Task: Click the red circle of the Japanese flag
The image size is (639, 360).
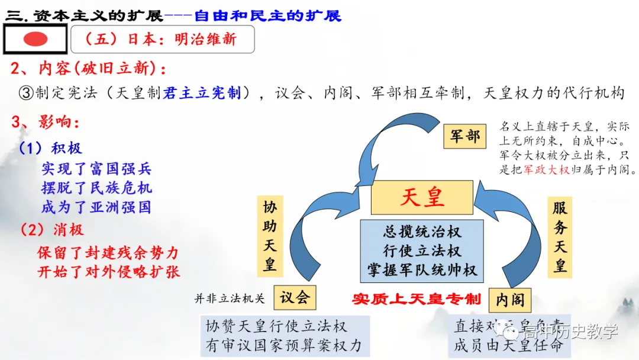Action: (x=35, y=40)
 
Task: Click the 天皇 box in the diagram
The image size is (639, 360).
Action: (x=422, y=197)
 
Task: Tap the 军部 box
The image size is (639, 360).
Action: (x=464, y=136)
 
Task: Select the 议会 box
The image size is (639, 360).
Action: (x=295, y=297)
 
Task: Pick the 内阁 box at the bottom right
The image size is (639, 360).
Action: (x=509, y=300)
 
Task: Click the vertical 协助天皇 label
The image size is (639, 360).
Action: (x=270, y=235)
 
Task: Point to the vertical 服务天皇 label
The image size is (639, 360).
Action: (x=560, y=235)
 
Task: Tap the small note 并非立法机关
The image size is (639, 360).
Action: (x=230, y=298)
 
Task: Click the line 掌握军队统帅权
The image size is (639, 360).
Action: (x=422, y=270)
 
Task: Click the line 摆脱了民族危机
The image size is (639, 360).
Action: (x=96, y=188)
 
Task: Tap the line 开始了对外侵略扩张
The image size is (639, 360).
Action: (x=108, y=272)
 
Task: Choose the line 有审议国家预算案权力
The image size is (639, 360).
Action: (x=283, y=345)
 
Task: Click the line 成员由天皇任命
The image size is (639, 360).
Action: (x=508, y=345)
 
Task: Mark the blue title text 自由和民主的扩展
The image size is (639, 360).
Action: (x=267, y=15)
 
